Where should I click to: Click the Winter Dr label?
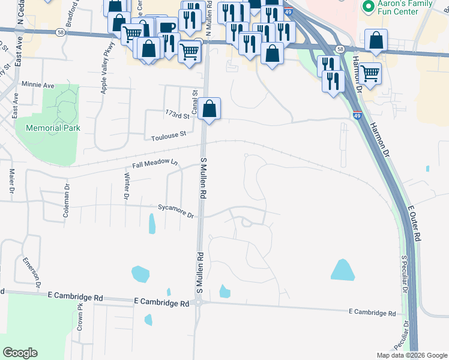click(x=127, y=186)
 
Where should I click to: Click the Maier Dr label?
click(x=11, y=181)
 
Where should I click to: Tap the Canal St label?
click(x=194, y=97)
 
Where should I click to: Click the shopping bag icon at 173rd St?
click(x=209, y=109)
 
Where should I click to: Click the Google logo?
click(x=20, y=353)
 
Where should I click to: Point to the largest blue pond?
click(x=342, y=269)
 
